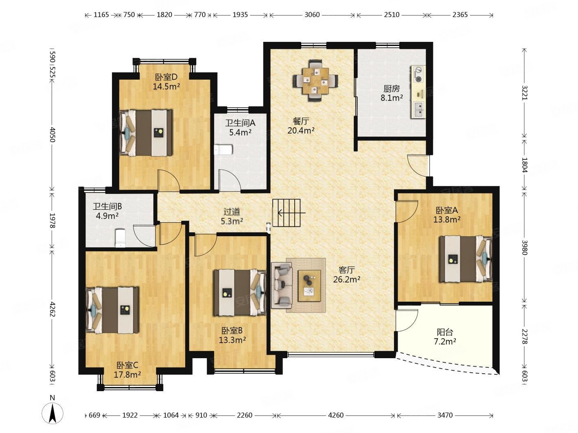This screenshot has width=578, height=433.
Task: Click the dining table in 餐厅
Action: [x=315, y=81]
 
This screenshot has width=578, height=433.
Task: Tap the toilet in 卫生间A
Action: [x=223, y=150]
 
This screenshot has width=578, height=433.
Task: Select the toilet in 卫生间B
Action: [x=120, y=238]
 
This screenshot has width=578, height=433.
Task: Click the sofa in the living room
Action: [x=282, y=285]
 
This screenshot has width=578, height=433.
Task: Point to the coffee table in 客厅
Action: [x=309, y=286]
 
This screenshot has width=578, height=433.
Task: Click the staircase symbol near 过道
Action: [x=286, y=213]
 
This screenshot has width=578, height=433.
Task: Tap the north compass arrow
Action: [x=53, y=413]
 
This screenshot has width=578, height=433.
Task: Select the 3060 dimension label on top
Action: [x=312, y=15]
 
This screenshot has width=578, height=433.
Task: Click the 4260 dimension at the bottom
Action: [x=336, y=415]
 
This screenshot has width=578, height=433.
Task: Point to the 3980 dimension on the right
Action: [x=524, y=247]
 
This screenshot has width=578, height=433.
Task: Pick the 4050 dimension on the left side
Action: [x=53, y=135]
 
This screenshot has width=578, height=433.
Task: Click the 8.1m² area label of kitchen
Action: [x=392, y=98]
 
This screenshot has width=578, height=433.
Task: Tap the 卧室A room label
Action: [x=447, y=210]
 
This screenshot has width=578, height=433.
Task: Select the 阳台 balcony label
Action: [x=445, y=332]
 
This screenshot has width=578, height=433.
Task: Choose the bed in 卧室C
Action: [x=112, y=310]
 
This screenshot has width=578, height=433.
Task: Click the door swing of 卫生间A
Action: [x=229, y=180]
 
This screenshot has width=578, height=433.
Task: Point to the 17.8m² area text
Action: [x=127, y=374]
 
